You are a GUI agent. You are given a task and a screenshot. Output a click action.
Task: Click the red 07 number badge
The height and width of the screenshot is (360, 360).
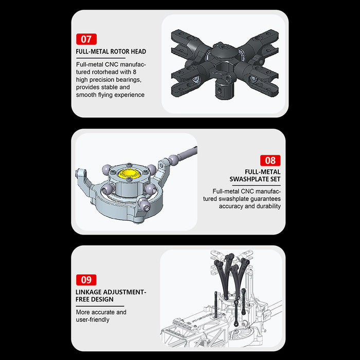tap(86, 39)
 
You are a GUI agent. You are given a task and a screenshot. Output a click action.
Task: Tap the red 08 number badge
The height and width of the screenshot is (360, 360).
tap(270, 160)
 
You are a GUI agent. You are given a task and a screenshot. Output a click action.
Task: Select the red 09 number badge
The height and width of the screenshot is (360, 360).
tap(86, 280)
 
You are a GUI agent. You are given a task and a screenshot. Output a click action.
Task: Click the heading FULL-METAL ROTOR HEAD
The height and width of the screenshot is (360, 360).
tap(111, 51)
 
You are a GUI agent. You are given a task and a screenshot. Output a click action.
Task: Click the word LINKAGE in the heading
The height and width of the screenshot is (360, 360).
tap(88, 292)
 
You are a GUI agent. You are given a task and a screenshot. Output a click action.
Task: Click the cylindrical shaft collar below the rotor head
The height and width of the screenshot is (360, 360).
tap(224, 91)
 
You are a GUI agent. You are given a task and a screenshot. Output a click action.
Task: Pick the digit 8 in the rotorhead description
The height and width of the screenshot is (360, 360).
tap(134, 72)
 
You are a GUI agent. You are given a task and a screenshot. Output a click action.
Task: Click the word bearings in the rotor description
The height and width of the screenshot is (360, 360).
tap(128, 80)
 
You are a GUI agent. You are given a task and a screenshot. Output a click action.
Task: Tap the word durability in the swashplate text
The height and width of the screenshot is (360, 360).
tap(268, 206)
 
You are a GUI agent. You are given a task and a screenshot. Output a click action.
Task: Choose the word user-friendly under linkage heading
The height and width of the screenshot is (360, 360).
tap(93, 320)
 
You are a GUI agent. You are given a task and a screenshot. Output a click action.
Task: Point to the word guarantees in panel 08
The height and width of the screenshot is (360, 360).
tap(265, 199)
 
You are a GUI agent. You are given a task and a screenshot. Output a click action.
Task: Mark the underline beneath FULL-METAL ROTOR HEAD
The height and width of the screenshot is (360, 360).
tap(101, 58)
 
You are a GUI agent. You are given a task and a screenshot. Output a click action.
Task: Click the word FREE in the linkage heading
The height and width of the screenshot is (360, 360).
tap(83, 299)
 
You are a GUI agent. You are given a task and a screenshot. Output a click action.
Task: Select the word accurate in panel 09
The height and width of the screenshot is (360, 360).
tap(103, 312)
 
